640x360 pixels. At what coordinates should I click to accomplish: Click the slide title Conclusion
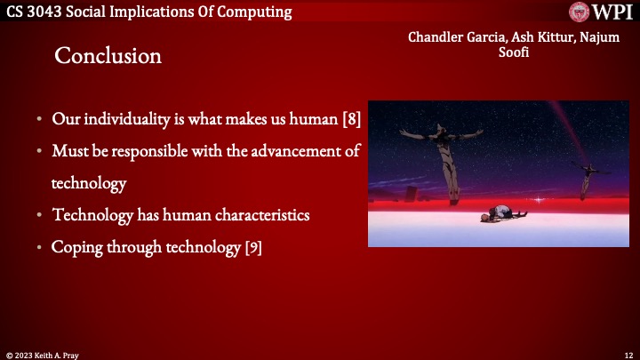click(108, 56)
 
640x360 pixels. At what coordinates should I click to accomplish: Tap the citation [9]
click(252, 247)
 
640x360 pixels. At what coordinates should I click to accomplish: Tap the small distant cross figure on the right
click(586, 178)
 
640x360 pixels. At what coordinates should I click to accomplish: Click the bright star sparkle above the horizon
click(536, 199)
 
